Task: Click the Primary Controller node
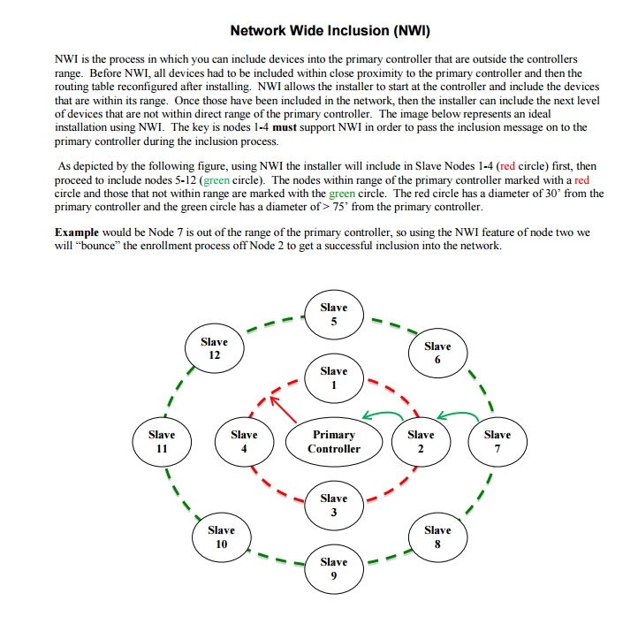click(x=334, y=442)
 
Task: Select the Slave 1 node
click(x=334, y=378)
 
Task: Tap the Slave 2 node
click(x=421, y=442)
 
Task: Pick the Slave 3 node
click(x=334, y=506)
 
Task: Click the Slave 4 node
click(x=244, y=442)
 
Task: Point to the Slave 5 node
click(x=334, y=315)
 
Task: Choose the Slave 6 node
click(x=437, y=354)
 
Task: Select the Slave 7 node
click(x=497, y=442)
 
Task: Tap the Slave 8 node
click(x=437, y=537)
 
